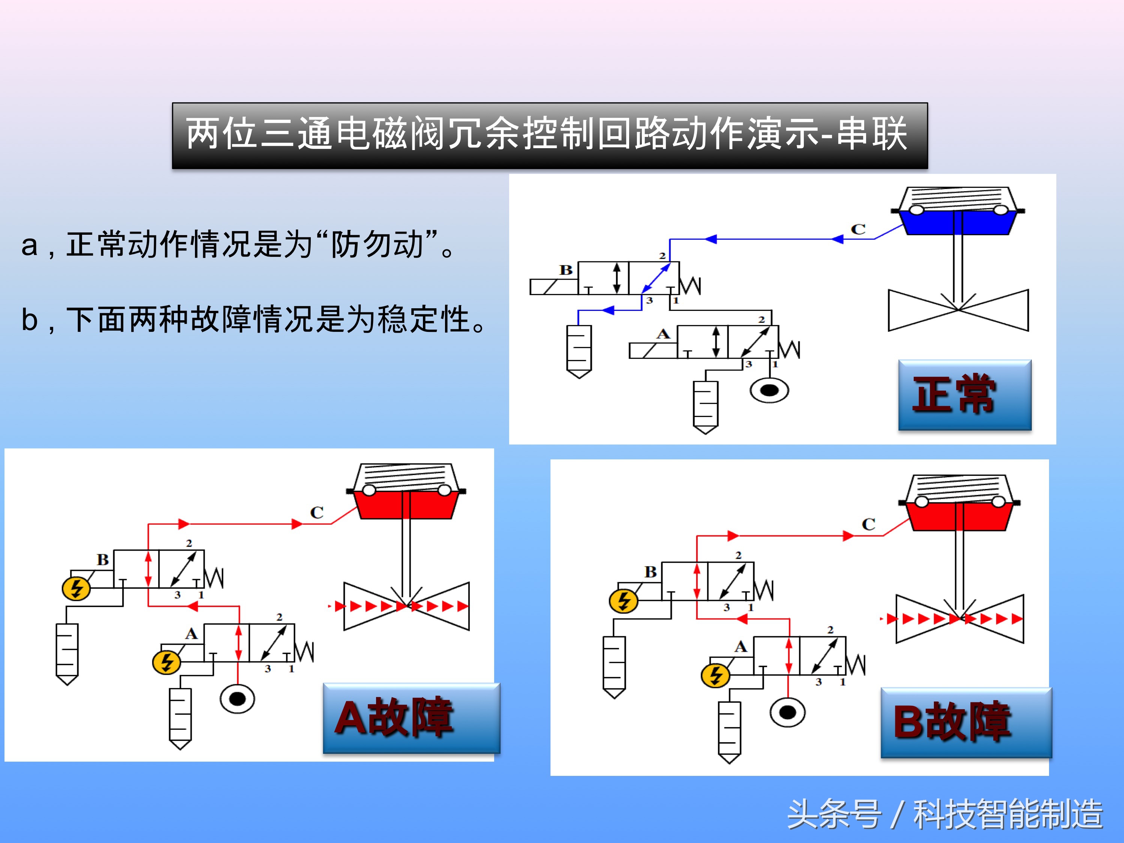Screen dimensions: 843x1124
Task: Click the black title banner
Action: click(x=550, y=136)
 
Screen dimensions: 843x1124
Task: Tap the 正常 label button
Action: click(x=964, y=395)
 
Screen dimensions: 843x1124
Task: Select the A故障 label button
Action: click(x=411, y=718)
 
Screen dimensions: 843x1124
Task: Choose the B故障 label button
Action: click(x=965, y=722)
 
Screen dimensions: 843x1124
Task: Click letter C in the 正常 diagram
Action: click(x=858, y=229)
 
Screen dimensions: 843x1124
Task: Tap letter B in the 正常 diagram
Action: click(x=565, y=270)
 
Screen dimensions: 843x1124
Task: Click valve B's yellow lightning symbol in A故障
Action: click(x=76, y=588)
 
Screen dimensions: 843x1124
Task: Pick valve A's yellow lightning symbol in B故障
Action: click(x=715, y=675)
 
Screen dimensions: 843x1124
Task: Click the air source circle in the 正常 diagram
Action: click(x=769, y=390)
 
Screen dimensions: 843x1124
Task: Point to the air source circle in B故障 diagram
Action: click(x=787, y=712)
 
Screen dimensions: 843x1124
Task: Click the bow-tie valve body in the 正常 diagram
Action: click(x=958, y=310)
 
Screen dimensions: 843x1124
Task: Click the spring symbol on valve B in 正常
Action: click(x=691, y=286)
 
